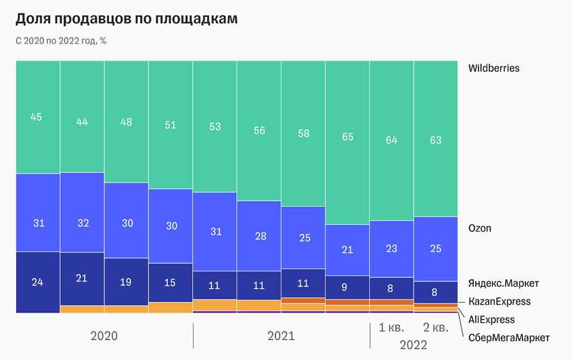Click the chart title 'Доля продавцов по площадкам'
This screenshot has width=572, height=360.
126,19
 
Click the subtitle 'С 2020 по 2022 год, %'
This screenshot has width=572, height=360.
60,41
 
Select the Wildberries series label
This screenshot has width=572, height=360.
493,68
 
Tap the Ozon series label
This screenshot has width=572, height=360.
480,228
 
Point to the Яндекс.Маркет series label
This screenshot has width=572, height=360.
503,283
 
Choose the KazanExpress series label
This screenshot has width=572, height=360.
500,302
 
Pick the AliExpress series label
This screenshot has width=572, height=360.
491,319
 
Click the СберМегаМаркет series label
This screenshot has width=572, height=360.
509,337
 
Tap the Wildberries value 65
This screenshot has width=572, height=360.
348,136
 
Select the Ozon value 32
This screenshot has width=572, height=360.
82,223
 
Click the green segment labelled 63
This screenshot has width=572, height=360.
436,140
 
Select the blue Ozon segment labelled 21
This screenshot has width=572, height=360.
348,250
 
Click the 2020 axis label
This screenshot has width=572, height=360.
104,336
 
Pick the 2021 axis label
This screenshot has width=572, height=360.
281,336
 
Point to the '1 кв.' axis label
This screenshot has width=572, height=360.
392,328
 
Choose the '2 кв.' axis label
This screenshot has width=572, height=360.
436,328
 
